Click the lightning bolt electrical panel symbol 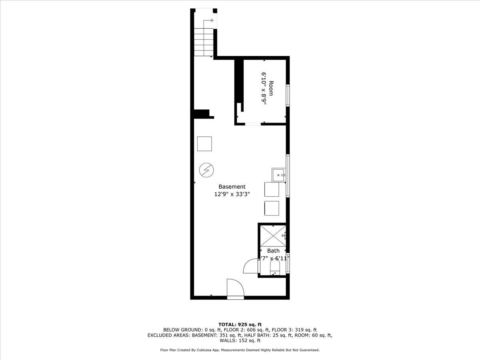pos(207,171)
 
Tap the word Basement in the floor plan pos(232,187)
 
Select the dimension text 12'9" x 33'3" pos(232,195)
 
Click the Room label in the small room pos(271,88)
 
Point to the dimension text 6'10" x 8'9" pos(264,88)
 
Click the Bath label pos(274,251)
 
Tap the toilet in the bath pos(275,272)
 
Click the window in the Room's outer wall pos(288,95)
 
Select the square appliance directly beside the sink pos(272,189)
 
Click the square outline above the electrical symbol pos(204,144)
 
